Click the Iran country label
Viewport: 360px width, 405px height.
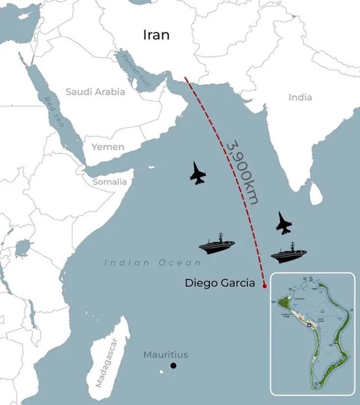click(x=156, y=35)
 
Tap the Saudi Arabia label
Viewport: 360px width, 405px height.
click(x=95, y=92)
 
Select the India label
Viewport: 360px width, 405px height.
click(x=300, y=97)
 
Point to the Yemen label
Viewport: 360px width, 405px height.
click(x=108, y=147)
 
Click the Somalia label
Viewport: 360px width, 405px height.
click(x=110, y=182)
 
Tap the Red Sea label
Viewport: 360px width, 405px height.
click(x=55, y=113)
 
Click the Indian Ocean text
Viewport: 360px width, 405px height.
click(x=153, y=263)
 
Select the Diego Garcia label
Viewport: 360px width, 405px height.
click(x=220, y=283)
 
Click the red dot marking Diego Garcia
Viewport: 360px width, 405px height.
click(x=265, y=286)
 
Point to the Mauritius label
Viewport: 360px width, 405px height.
click(x=166, y=355)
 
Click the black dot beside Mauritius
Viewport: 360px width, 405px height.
click(x=173, y=366)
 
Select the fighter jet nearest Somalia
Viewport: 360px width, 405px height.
click(x=197, y=173)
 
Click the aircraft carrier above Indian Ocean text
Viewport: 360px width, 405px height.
click(x=217, y=244)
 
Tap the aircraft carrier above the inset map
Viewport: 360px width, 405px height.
click(x=289, y=253)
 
